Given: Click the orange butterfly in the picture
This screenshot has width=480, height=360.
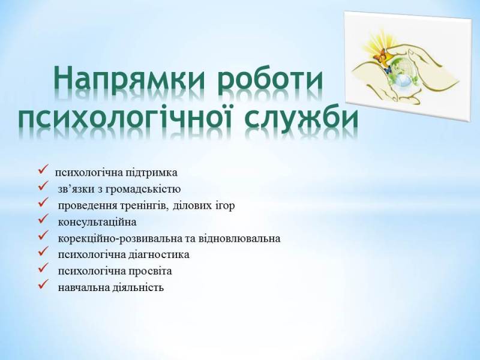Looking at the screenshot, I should (379, 58).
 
